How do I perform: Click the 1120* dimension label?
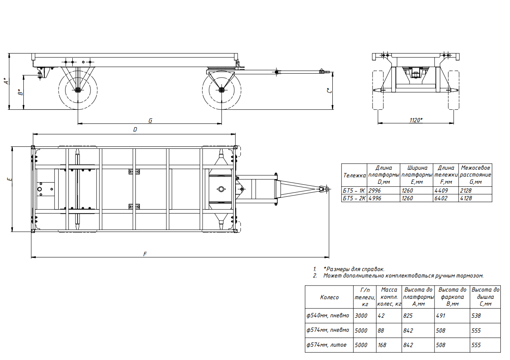click(x=416, y=120)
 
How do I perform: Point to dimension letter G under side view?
click(x=150, y=121)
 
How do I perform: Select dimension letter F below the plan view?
click(x=145, y=254)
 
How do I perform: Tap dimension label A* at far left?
click(x=6, y=81)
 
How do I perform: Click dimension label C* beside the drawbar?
click(x=329, y=91)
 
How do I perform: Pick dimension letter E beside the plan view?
click(x=9, y=179)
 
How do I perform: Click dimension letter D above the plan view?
click(x=135, y=130)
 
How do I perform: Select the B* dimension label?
click(x=21, y=92)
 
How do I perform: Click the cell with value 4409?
click(x=441, y=191)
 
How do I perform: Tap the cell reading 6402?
click(x=441, y=198)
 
